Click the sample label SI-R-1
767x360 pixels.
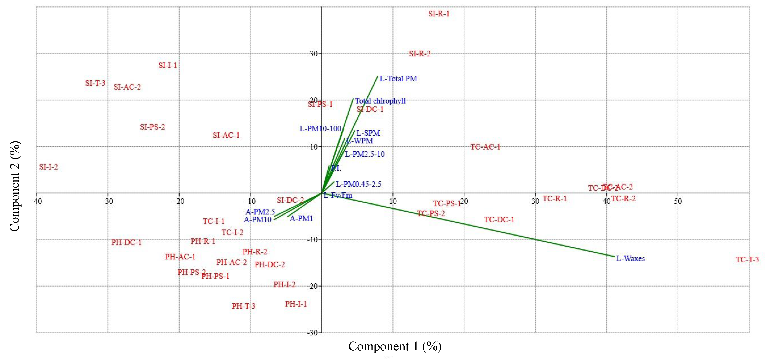(439, 14)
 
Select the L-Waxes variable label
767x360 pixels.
(630, 258)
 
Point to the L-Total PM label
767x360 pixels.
(398, 79)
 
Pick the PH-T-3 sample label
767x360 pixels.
(243, 306)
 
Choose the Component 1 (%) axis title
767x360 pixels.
(395, 346)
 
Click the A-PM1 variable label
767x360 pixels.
(301, 219)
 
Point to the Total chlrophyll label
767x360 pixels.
(380, 101)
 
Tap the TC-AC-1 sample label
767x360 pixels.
(485, 147)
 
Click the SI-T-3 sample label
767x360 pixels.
(95, 83)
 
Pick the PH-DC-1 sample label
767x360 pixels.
(126, 242)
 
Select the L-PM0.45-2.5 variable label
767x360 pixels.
(358, 184)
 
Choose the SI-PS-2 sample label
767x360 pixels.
(152, 127)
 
